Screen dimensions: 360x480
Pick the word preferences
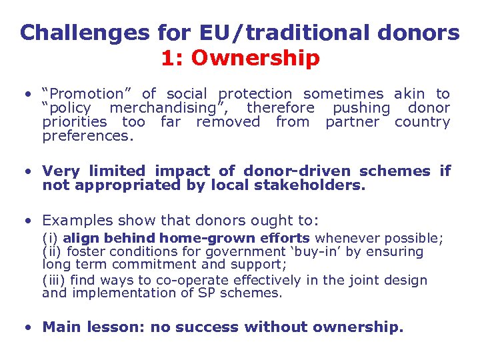87,136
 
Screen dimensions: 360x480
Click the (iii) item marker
54,280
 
